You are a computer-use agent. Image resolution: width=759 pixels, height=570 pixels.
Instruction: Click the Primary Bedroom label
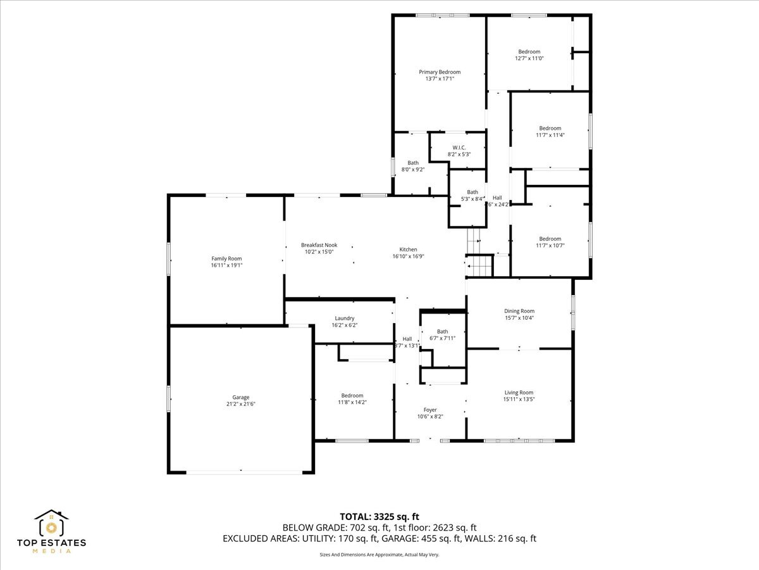click(x=440, y=72)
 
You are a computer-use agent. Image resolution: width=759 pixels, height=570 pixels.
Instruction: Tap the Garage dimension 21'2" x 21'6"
click(x=240, y=404)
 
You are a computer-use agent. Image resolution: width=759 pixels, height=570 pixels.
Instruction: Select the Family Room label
click(x=226, y=258)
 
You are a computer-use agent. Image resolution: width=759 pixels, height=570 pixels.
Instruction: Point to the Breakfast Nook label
click(x=319, y=245)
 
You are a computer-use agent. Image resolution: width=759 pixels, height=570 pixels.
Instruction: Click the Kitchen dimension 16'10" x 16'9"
click(x=408, y=256)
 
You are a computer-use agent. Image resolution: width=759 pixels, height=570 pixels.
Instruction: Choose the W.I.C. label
click(x=459, y=148)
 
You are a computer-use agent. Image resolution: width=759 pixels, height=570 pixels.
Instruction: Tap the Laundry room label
click(x=345, y=318)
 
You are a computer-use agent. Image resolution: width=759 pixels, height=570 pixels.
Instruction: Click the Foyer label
click(x=430, y=410)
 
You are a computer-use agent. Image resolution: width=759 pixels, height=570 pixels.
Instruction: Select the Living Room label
click(x=519, y=393)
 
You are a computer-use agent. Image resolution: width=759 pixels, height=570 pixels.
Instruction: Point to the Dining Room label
click(x=519, y=311)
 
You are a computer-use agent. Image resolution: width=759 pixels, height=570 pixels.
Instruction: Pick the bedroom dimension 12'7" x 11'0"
click(x=529, y=58)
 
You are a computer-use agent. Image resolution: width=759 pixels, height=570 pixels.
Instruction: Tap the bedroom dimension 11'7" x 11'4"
click(x=550, y=135)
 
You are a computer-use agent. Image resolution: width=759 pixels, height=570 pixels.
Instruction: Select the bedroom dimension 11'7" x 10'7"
click(x=550, y=246)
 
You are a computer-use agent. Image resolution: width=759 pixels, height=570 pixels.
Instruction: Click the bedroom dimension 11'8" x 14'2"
click(x=352, y=402)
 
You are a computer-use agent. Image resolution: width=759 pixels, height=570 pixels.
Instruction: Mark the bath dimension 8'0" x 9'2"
click(x=413, y=170)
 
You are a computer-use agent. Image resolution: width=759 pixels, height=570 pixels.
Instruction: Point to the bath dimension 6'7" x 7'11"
click(x=442, y=338)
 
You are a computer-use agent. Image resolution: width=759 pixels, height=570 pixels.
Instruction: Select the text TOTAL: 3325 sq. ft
click(x=379, y=516)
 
